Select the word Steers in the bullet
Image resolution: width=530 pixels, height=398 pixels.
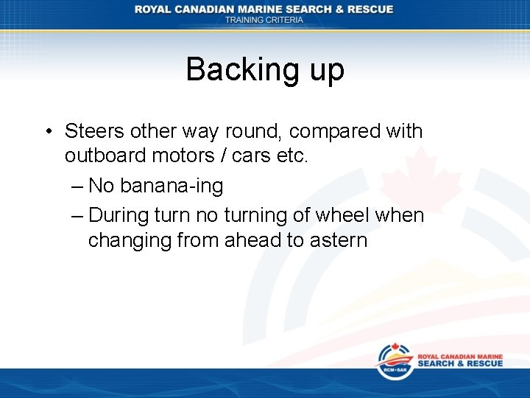(x=94, y=131)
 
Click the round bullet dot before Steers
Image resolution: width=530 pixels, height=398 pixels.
(x=46, y=133)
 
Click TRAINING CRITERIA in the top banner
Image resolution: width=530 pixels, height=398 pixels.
(x=264, y=20)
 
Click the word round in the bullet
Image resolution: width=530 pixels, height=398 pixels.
(x=255, y=131)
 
